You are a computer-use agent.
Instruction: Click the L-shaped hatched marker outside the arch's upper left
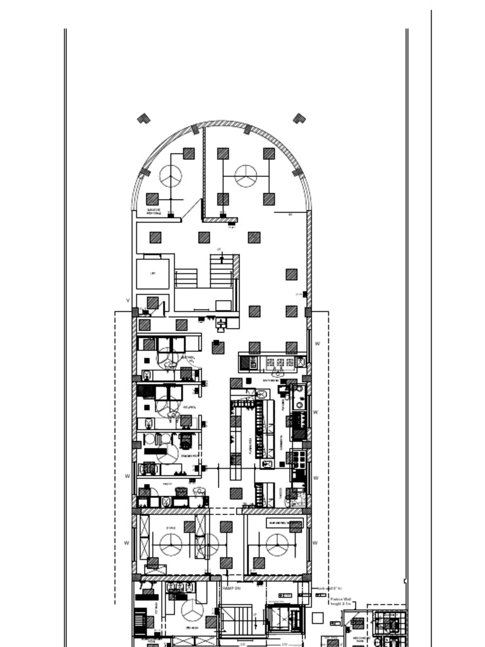tap(144, 118)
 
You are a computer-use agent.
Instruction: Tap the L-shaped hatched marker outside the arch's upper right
tap(299, 118)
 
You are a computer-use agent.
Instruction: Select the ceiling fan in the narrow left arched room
tap(171, 176)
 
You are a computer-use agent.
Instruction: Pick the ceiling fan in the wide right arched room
tap(246, 176)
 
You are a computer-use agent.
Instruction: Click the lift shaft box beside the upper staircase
tap(153, 274)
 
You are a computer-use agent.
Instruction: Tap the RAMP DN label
tap(232, 588)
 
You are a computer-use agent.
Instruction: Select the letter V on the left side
tap(128, 301)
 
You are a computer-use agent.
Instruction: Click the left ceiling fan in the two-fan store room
tap(171, 544)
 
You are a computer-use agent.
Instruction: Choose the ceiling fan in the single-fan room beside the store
tap(277, 545)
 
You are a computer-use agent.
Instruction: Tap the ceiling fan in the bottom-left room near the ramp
tap(192, 610)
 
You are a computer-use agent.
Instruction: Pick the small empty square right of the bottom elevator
tap(318, 617)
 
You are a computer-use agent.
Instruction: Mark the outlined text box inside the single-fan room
tap(285, 523)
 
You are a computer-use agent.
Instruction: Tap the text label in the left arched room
tap(154, 212)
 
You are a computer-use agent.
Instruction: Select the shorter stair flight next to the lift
tap(186, 278)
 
